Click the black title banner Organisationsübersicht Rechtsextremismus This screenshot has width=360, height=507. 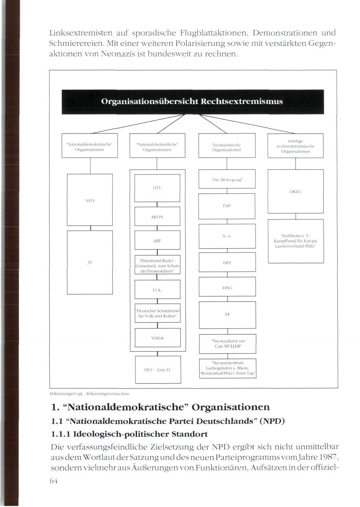tap(192, 102)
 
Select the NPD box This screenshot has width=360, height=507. tap(90, 200)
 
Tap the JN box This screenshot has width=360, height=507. tap(90, 262)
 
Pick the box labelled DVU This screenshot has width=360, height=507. tap(157, 188)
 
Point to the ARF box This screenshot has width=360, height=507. tap(157, 240)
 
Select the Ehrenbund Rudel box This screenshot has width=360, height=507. tap(157, 265)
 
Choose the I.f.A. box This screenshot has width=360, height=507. tap(157, 289)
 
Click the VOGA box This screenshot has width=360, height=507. tap(157, 338)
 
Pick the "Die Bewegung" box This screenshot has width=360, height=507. tap(227, 180)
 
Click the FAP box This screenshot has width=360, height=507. tap(227, 205)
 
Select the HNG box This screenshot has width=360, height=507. tap(227, 287)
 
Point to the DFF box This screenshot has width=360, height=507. tap(227, 262)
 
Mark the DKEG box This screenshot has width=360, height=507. tap(296, 191)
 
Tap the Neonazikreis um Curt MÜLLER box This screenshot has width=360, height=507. tap(228, 343)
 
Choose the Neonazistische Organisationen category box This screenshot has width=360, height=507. tap(227, 145)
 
